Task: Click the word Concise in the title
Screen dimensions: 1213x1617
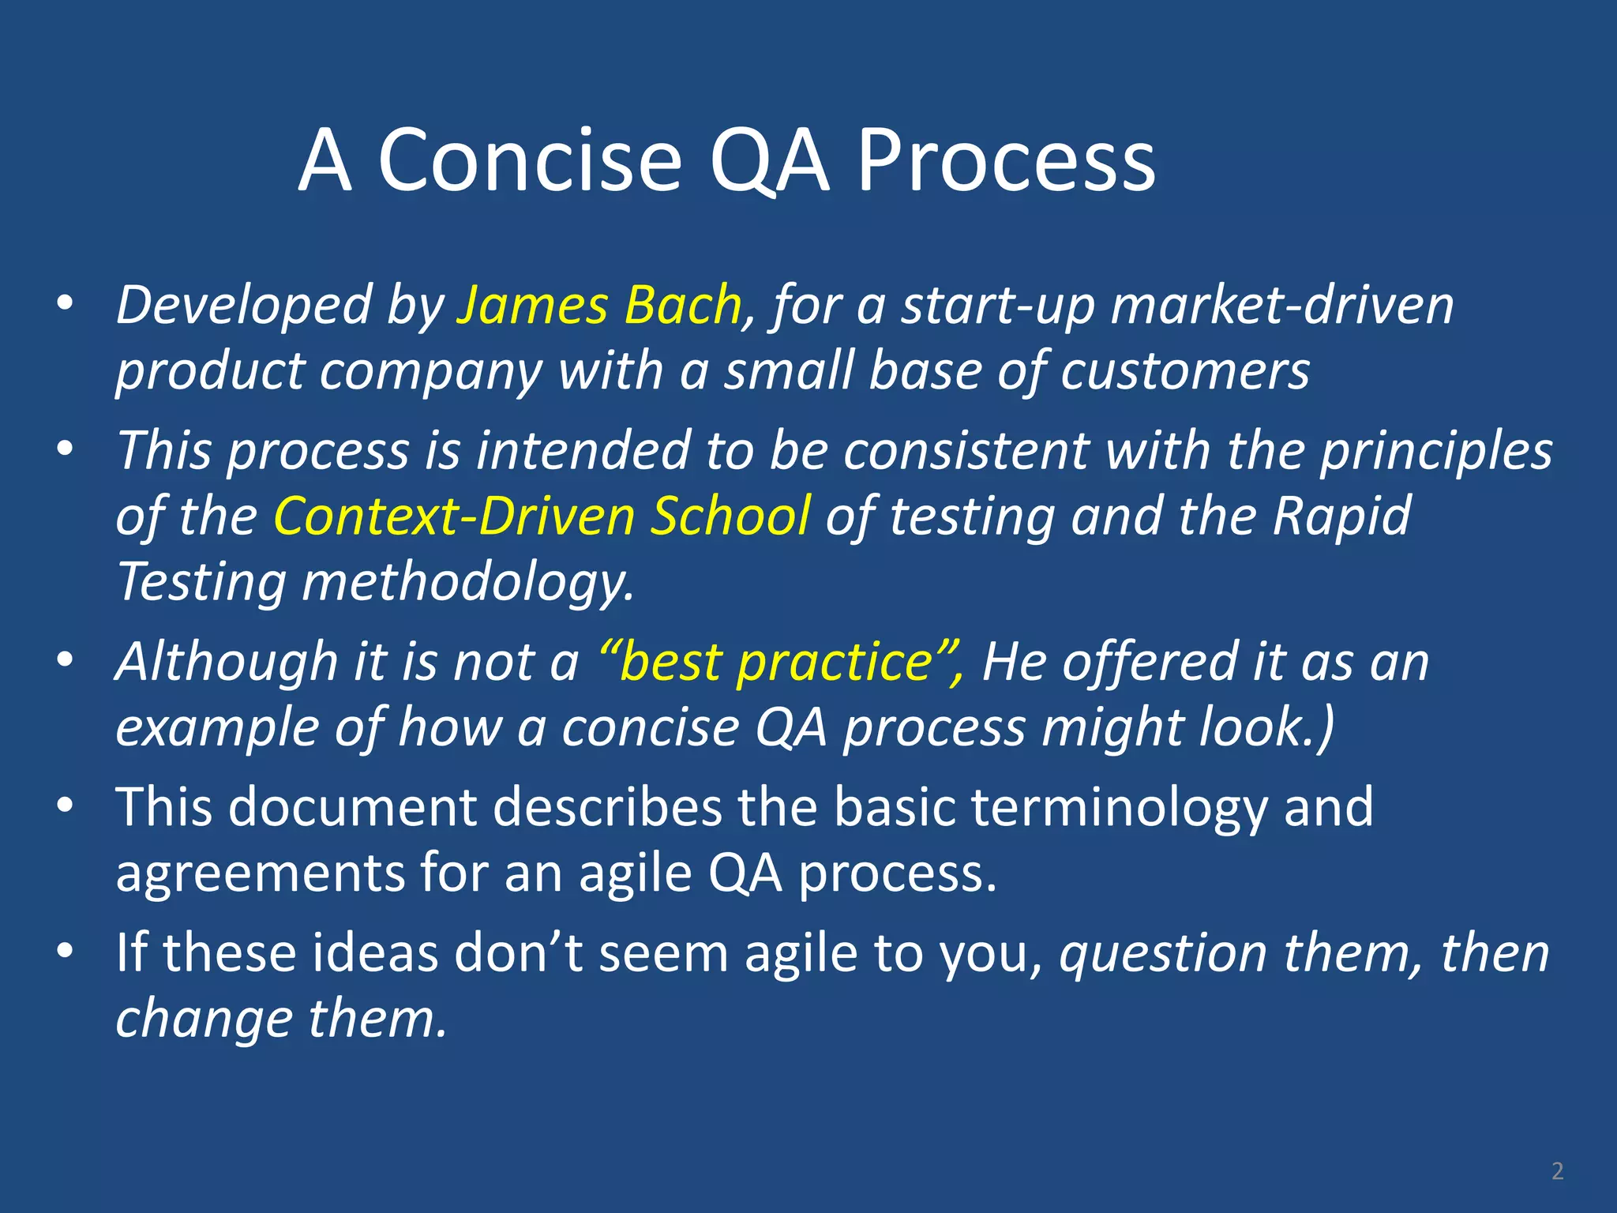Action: pos(530,161)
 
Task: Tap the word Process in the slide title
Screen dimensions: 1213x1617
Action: pos(1006,161)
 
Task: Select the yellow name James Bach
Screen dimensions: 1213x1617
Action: pos(599,306)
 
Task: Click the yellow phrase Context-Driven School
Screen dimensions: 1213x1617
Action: pos(542,516)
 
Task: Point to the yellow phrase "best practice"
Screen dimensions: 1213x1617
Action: pos(780,662)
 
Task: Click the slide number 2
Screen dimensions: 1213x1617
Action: pos(1557,1170)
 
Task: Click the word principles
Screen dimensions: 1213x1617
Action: pos(1436,452)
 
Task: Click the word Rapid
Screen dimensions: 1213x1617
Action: pos(1341,516)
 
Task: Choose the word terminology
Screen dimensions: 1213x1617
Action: pos(1119,807)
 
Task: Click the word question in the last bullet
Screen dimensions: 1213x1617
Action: pos(1163,953)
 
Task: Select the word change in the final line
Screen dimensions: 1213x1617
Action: pos(204,1019)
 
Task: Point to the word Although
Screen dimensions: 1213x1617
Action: pos(227,662)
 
